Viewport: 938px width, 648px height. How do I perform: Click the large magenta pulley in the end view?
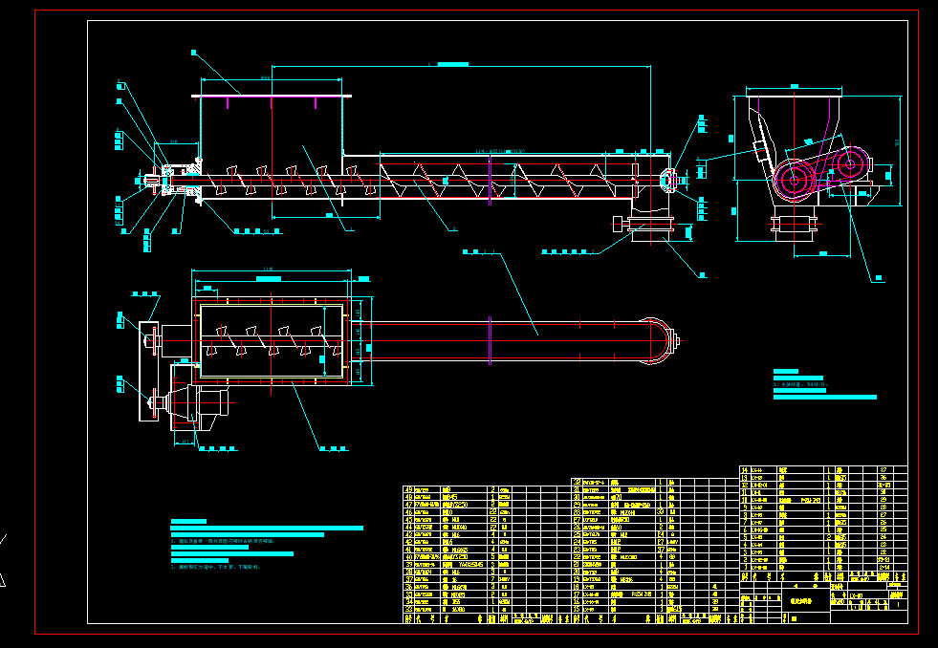click(794, 179)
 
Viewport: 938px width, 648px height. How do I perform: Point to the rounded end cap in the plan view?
click(664, 338)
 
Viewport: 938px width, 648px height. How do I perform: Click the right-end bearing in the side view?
click(669, 178)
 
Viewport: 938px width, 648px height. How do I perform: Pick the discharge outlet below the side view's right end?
click(650, 226)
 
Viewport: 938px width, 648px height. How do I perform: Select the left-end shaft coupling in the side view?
click(153, 179)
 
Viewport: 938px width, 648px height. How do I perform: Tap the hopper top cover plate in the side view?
click(273, 95)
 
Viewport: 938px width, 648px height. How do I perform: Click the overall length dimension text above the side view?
click(452, 63)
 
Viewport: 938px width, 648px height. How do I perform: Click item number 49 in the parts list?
click(409, 489)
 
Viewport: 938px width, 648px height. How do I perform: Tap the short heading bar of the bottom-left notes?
click(188, 521)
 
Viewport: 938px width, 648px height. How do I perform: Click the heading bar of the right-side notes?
click(785, 371)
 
